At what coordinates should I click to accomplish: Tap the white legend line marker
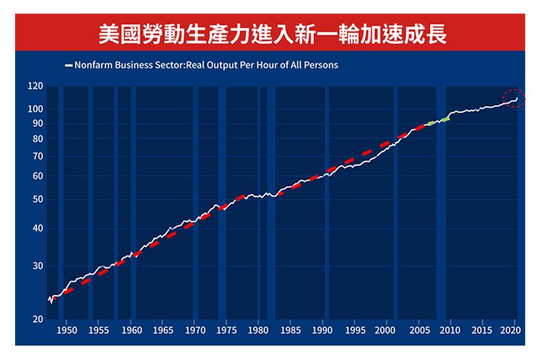tap(68, 65)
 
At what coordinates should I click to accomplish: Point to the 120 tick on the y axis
tap(35, 87)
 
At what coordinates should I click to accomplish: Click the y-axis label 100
tap(35, 109)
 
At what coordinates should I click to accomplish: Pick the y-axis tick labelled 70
tap(37, 157)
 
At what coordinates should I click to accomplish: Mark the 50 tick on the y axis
tap(37, 200)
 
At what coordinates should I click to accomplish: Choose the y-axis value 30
tap(37, 266)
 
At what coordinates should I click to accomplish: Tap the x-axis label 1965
tap(162, 331)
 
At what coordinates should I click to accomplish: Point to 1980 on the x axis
tap(258, 331)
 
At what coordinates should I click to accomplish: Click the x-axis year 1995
tap(355, 331)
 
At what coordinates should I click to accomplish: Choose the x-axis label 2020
tap(513, 331)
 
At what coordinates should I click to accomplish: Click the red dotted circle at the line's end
tap(515, 99)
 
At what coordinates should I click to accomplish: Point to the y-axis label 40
tap(37, 229)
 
